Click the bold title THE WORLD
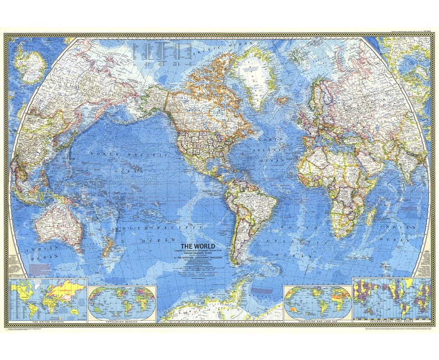(197, 246)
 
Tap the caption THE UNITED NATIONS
(48, 321)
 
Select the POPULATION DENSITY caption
(122, 321)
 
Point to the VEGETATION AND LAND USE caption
(317, 321)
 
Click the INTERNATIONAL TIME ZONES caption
(391, 321)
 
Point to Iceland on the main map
(283, 101)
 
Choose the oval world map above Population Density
(122, 302)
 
